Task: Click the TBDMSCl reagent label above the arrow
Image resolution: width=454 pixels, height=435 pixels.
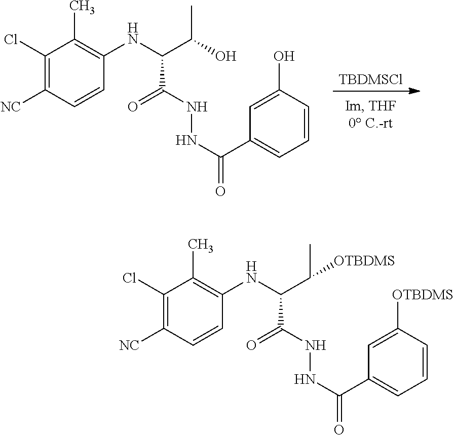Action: (370, 80)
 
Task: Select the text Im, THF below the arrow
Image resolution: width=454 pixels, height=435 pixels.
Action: (370, 106)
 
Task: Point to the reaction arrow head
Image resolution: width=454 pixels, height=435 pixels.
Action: (415, 92)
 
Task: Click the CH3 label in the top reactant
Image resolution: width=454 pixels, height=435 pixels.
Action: (83, 7)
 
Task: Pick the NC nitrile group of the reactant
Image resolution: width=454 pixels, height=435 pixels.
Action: (11, 107)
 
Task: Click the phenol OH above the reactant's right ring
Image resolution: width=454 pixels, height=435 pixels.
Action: (284, 56)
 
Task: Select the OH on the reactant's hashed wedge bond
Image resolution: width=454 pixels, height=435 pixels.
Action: (226, 56)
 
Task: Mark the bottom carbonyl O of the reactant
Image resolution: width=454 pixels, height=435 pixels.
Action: (220, 191)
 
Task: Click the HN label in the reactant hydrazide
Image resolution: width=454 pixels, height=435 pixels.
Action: (186, 141)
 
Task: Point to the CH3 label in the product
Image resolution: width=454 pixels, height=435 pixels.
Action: (201, 245)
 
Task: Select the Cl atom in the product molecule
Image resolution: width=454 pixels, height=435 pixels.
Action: (129, 278)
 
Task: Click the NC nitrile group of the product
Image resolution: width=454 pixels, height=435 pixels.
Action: (129, 345)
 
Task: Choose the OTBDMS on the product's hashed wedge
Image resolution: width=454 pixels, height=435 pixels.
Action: (364, 261)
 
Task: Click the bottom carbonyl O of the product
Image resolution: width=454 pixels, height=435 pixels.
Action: (339, 429)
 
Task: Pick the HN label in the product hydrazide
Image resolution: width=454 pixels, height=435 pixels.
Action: (305, 379)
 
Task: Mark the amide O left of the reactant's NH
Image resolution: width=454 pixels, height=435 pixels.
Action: (133, 107)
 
